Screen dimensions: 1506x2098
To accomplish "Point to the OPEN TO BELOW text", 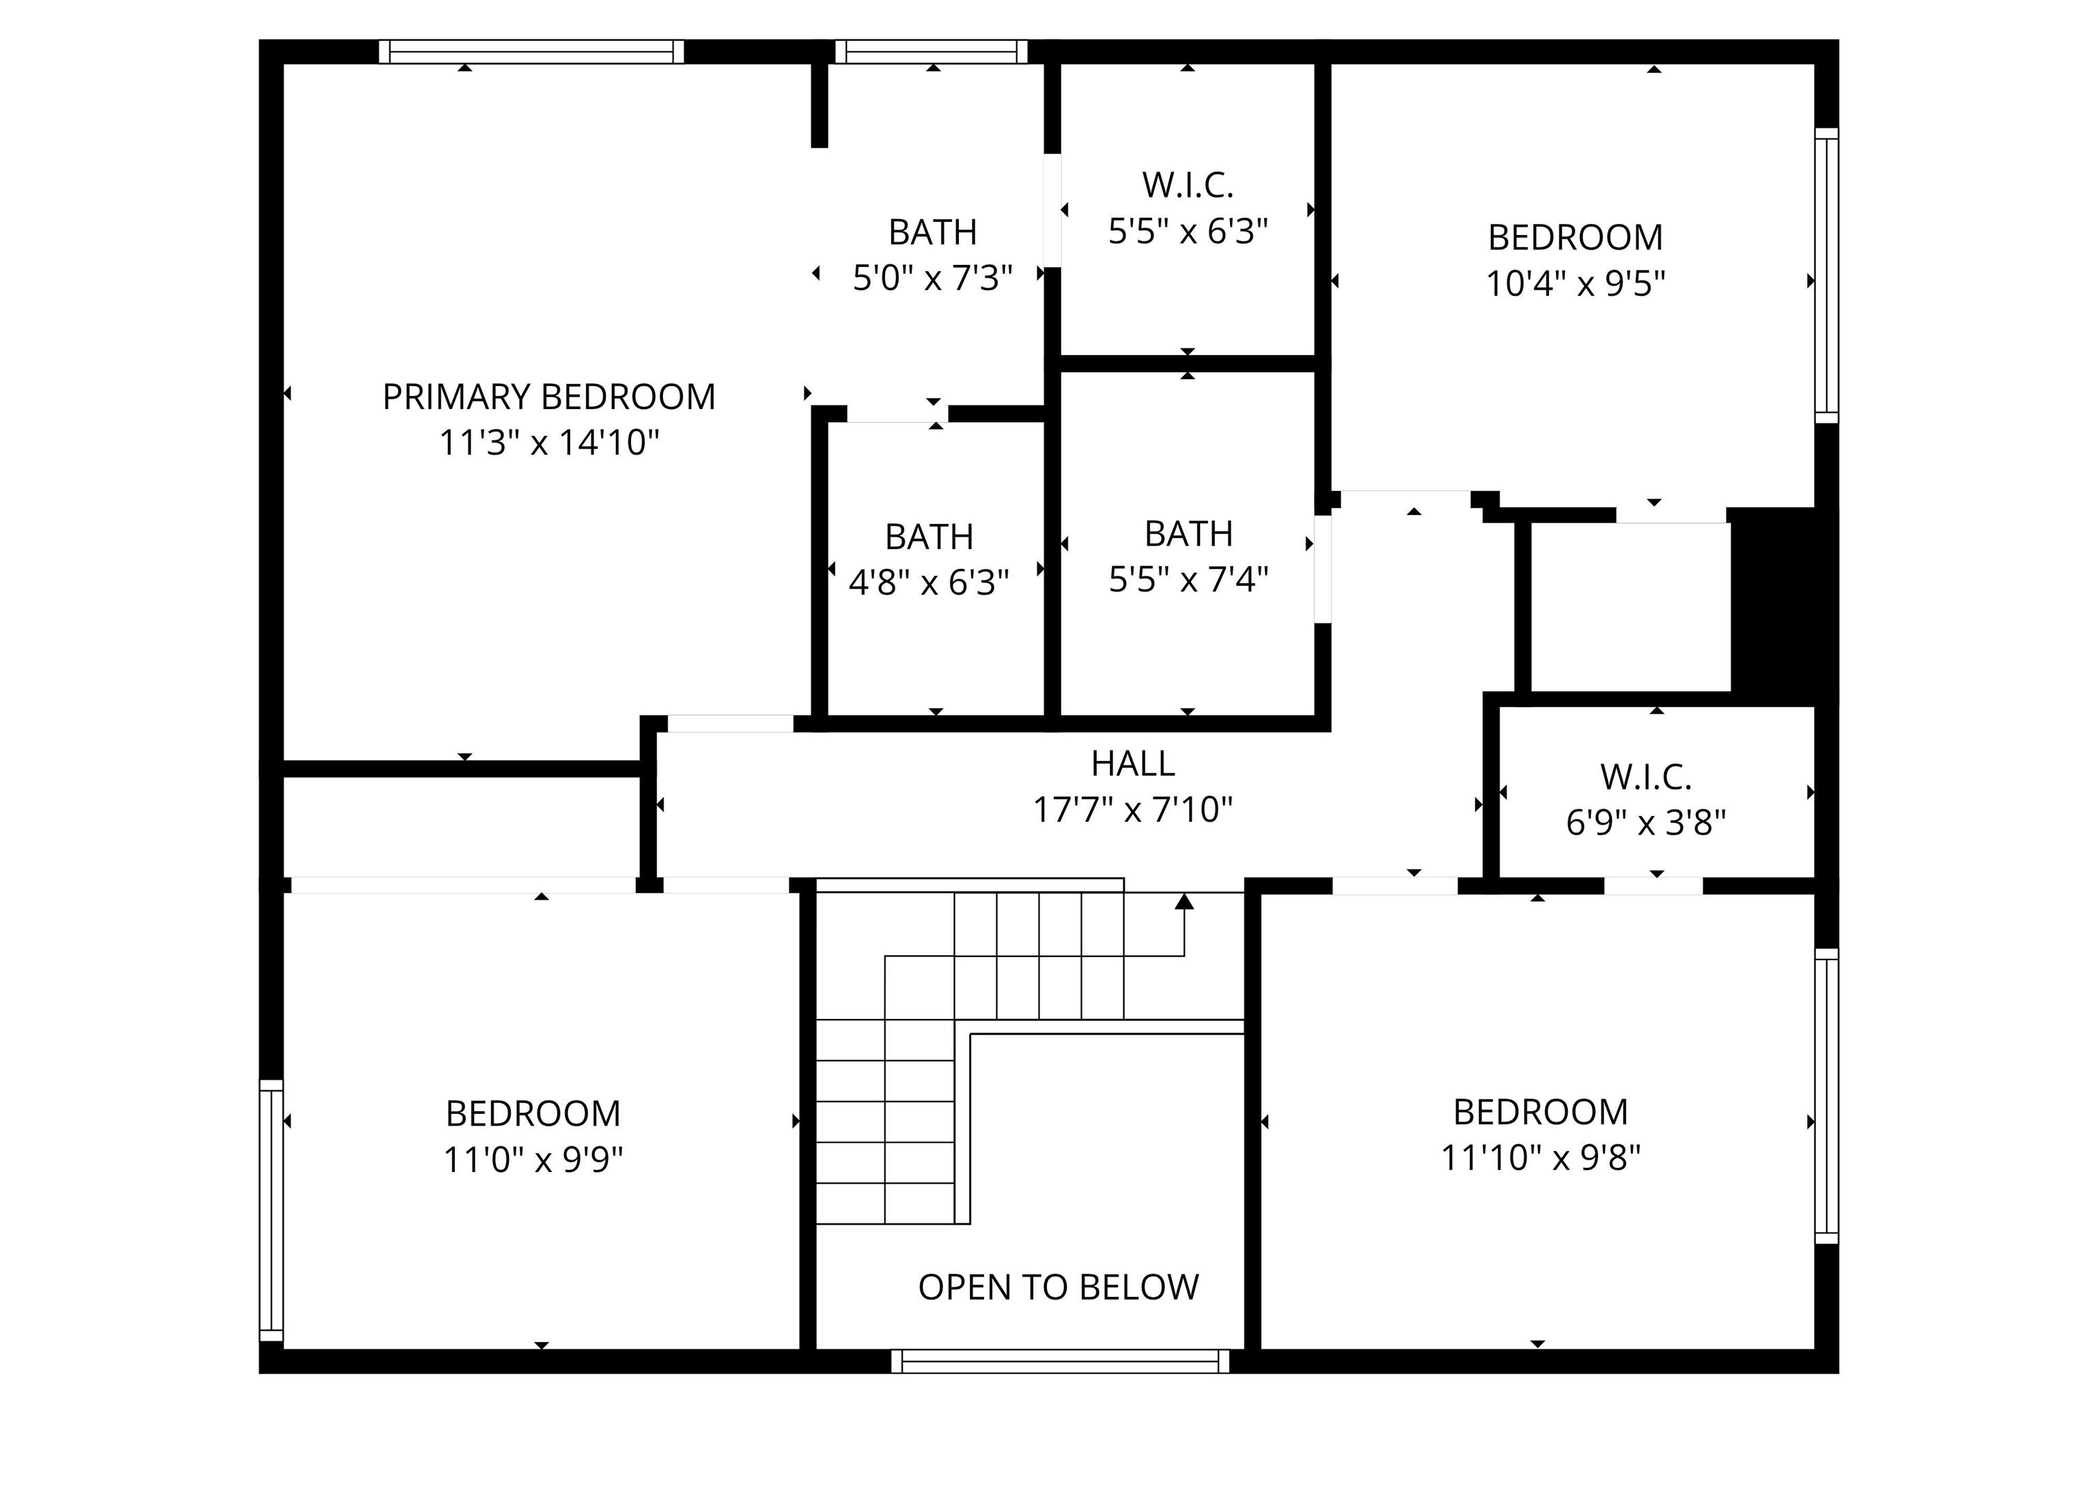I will click(x=1059, y=1287).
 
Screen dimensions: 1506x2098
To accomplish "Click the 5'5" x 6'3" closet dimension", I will click(x=1188, y=232).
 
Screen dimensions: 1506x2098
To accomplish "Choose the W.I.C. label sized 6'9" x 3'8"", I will click(x=1646, y=777).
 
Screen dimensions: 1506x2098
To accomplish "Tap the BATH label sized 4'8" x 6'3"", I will click(x=929, y=537).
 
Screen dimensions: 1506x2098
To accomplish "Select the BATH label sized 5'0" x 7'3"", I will click(x=932, y=232).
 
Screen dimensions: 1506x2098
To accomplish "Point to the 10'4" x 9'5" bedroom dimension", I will click(x=1576, y=283).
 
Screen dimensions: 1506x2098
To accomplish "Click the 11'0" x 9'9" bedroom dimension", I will click(x=533, y=1159).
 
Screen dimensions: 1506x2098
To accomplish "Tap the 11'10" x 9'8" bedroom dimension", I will click(x=1540, y=1157).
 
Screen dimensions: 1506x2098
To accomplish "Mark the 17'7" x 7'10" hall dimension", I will click(x=1132, y=810).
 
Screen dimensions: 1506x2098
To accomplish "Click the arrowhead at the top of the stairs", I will click(x=1184, y=900).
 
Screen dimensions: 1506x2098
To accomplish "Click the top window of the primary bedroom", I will click(x=531, y=52).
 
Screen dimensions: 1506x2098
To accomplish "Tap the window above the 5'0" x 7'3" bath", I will click(x=932, y=52).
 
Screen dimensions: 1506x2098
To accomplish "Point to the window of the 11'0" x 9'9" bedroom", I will click(x=271, y=1210).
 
